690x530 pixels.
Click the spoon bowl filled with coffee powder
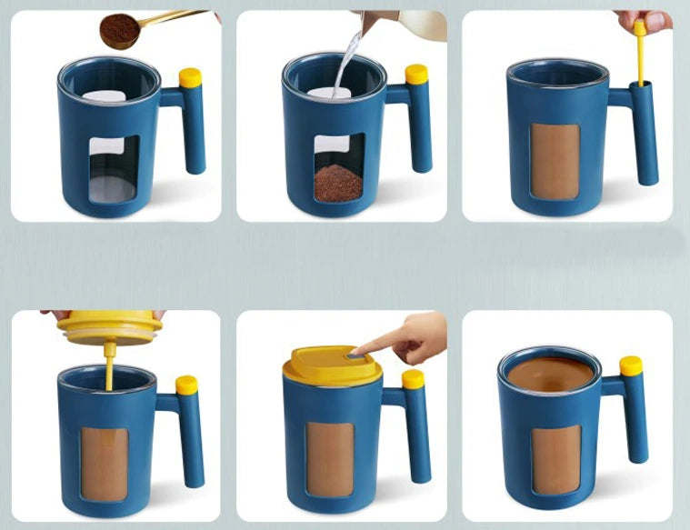click(x=119, y=30)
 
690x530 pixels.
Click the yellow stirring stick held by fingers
click(x=640, y=55)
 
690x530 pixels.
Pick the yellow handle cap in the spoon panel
click(x=190, y=78)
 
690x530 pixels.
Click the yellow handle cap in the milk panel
click(x=416, y=75)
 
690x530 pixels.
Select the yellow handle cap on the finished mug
click(x=631, y=366)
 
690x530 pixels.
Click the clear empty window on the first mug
click(x=114, y=168)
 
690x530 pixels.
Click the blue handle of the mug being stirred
click(x=645, y=136)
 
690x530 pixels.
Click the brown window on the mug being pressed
click(x=330, y=459)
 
